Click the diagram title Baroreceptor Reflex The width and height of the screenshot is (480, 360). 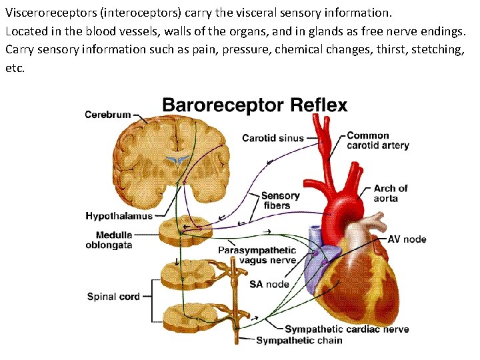[x=255, y=105]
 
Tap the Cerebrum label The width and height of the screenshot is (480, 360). [x=108, y=115]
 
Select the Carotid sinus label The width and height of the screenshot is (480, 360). [x=273, y=139]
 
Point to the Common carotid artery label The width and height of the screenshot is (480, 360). [x=377, y=141]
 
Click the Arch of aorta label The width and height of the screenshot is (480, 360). [x=391, y=193]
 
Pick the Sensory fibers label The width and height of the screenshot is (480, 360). [x=280, y=201]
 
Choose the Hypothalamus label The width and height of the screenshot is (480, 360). [x=119, y=216]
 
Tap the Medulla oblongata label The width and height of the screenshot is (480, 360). [x=113, y=240]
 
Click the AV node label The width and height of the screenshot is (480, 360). [x=407, y=239]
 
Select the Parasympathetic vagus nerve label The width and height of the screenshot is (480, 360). [x=257, y=255]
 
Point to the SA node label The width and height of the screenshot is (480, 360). [x=269, y=284]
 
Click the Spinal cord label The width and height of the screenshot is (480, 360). [x=113, y=296]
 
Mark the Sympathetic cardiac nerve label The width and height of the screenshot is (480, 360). [x=347, y=329]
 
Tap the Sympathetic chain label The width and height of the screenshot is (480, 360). [x=299, y=341]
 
